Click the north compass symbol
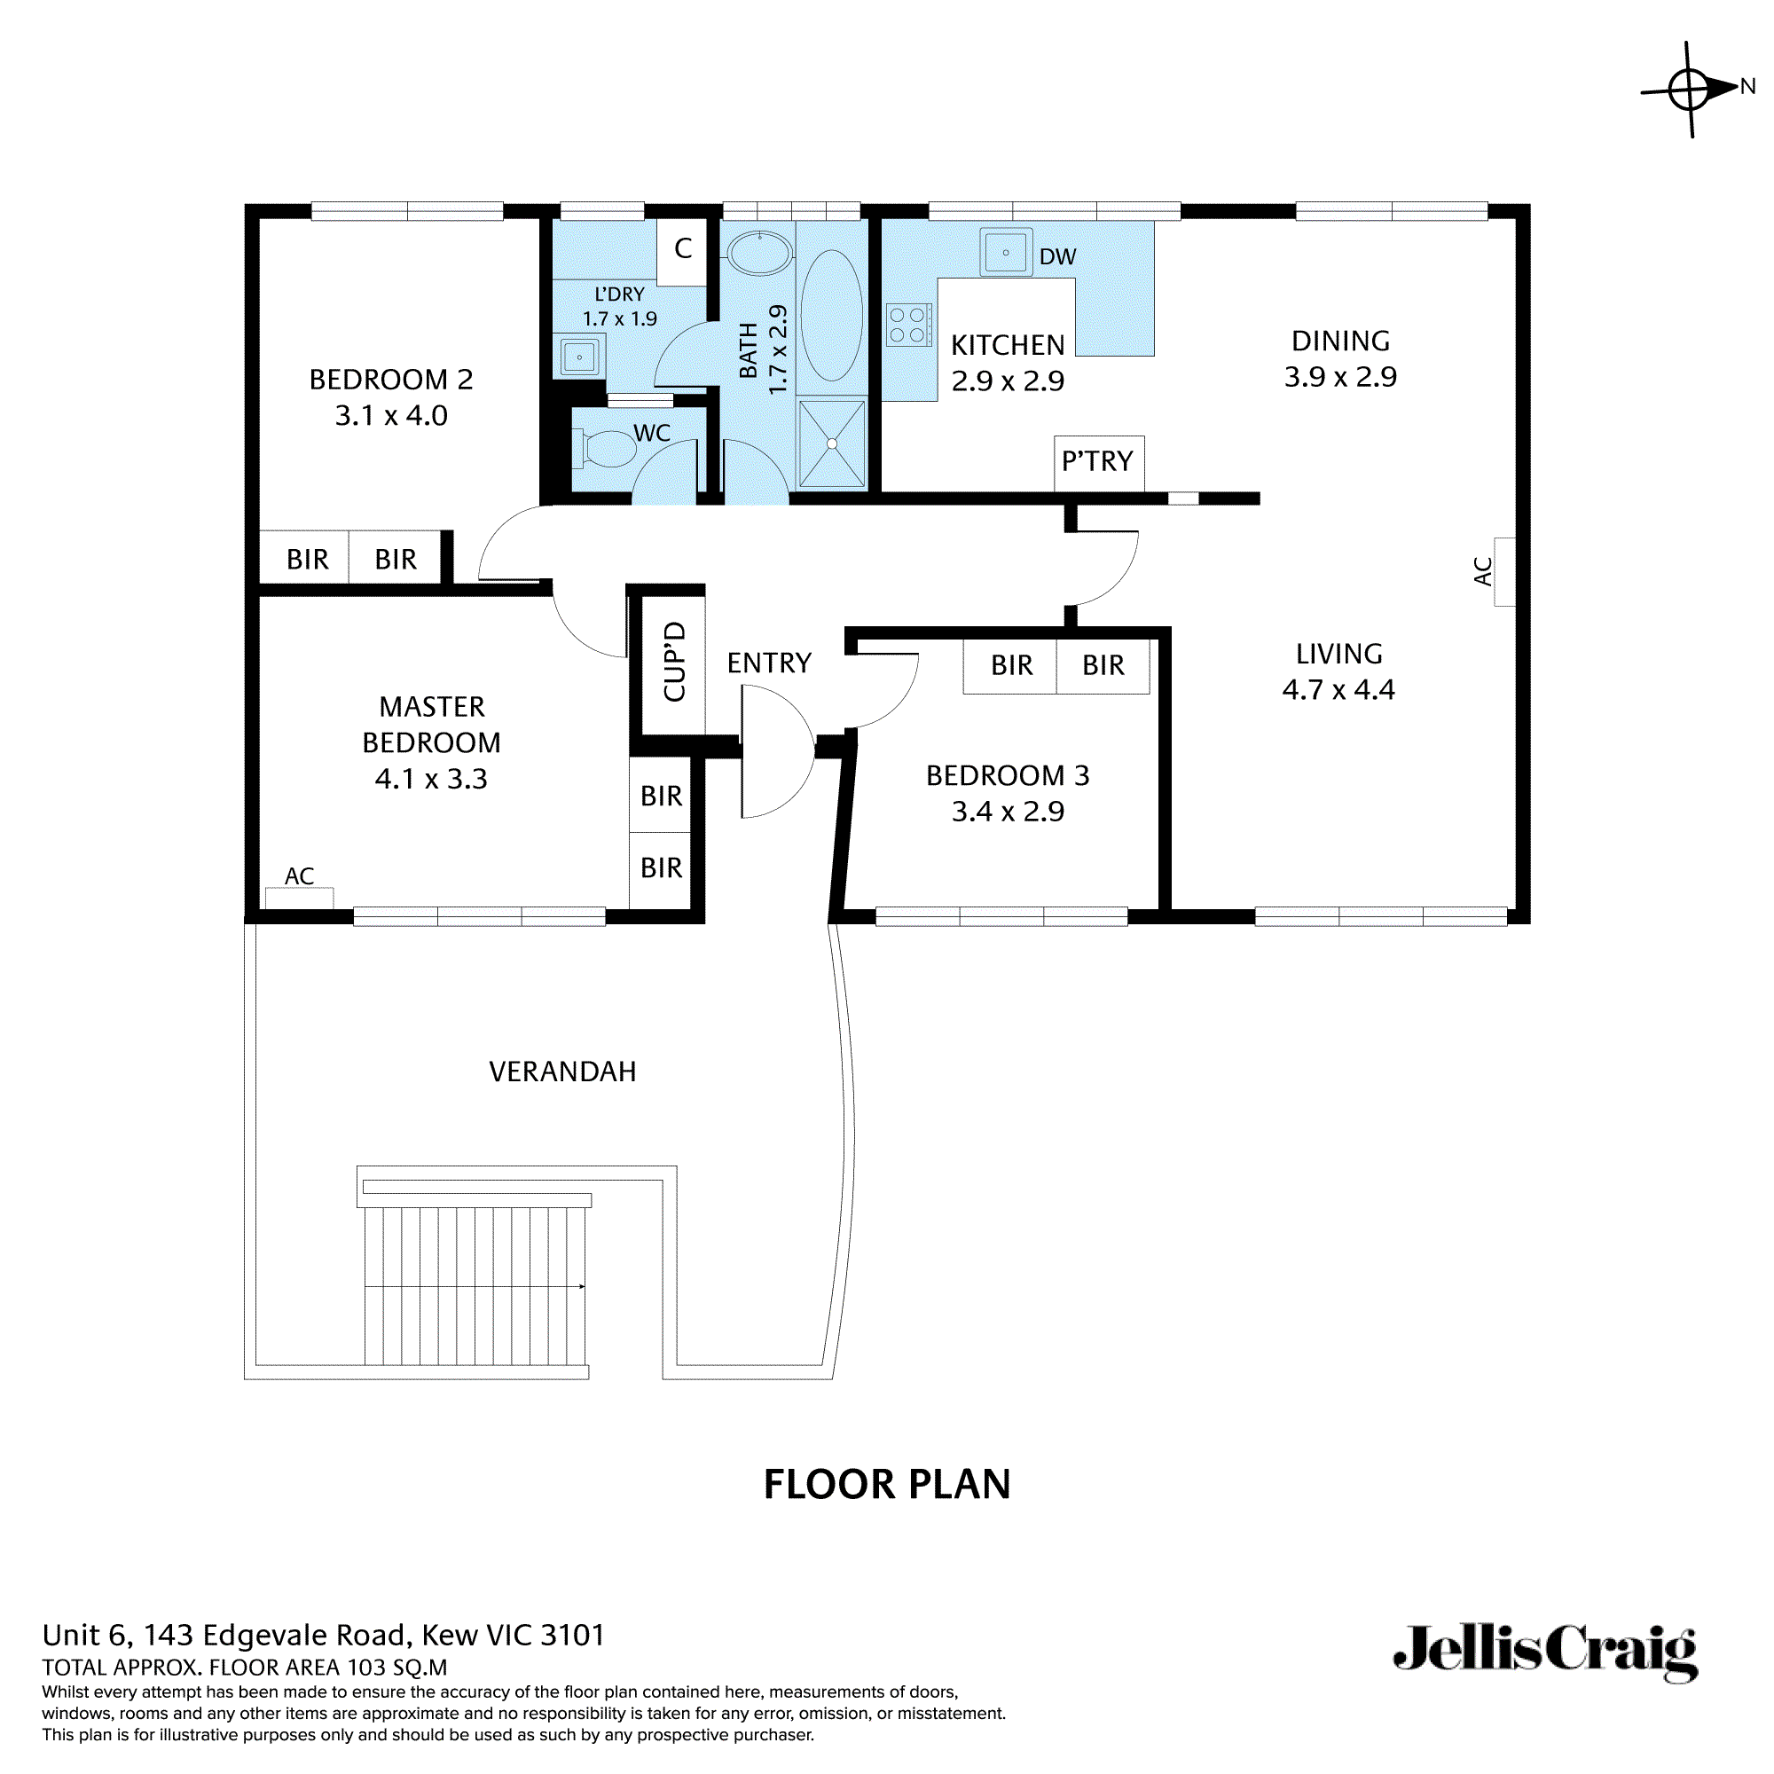1690,90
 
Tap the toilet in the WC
606,449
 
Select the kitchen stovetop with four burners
908,325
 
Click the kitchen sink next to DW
1006,252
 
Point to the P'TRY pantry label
1097,461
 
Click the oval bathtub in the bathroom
831,315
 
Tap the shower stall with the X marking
831,443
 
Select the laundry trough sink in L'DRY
579,357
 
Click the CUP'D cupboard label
675,661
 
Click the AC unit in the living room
1503,571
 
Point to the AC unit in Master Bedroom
299,896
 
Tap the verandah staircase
475,1284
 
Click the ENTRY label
768,663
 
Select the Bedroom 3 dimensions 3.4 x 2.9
1008,812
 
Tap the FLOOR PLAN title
886,1484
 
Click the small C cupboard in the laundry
682,249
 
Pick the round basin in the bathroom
759,253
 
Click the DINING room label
1339,341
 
